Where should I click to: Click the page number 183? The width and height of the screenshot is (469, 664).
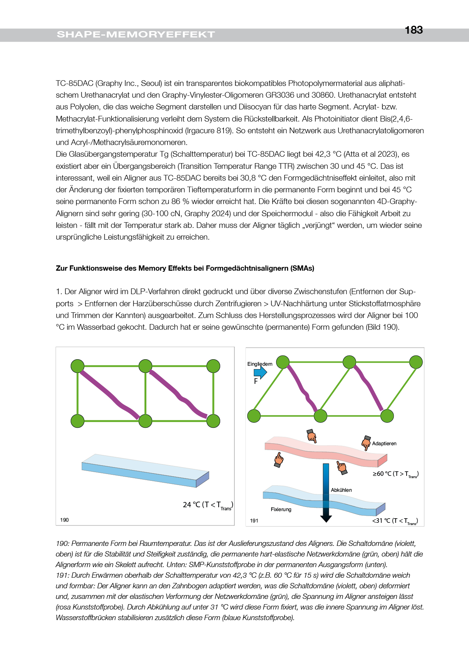pos(414,30)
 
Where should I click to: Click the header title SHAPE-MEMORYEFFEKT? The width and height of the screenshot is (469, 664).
pos(136,34)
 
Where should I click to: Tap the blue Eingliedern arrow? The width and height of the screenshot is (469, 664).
pos(260,373)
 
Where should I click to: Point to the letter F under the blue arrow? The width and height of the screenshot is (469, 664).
pos(256,381)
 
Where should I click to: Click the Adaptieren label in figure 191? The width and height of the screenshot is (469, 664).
pos(384,443)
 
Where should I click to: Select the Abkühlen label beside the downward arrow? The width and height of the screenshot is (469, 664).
pos(341,490)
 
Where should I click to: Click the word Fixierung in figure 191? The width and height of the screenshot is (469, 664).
pos(281,509)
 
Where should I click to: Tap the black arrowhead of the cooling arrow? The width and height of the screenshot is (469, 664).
pos(326,519)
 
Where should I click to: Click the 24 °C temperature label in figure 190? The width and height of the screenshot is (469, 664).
pos(208,505)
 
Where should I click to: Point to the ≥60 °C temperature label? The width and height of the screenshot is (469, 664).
pos(396,474)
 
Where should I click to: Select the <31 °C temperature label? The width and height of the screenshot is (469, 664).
pos(395,521)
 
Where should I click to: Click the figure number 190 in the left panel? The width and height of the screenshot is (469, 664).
pos(64,520)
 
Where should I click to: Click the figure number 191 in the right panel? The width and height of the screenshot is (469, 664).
pos(254,521)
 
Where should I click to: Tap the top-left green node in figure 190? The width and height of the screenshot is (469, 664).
pos(78,366)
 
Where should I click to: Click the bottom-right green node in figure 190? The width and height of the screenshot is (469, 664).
pos(213,421)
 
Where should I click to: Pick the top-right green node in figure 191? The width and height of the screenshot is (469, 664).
pos(416,362)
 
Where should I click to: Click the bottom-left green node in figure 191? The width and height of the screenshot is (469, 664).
pos(254,416)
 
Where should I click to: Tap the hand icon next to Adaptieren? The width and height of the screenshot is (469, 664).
pos(366,443)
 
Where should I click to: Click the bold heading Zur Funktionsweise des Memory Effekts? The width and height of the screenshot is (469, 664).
pos(185,268)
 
